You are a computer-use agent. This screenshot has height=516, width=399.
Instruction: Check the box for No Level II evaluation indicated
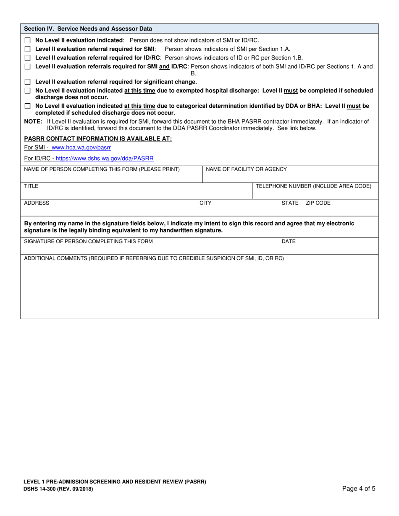click(28, 41)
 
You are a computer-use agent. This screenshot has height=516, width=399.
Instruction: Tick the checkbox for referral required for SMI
click(28, 50)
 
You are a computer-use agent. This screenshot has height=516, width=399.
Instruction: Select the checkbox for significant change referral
click(28, 82)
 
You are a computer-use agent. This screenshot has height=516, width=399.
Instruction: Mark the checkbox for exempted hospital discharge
click(28, 91)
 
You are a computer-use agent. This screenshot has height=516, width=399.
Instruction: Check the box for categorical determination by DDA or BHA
click(28, 107)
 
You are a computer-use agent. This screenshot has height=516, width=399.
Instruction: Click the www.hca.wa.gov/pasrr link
click(81, 148)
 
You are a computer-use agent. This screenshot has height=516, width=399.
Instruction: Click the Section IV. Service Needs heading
click(88, 29)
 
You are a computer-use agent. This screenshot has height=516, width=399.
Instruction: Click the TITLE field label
click(31, 186)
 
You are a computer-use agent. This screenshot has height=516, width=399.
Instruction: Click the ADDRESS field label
click(37, 203)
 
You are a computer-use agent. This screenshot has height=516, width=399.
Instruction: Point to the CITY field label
click(205, 203)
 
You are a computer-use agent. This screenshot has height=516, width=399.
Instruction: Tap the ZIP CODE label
click(318, 203)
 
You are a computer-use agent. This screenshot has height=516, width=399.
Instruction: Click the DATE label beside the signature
click(289, 242)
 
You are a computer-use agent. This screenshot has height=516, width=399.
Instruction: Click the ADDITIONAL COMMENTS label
click(154, 258)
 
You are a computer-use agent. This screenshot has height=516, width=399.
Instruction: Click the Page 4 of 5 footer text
click(359, 488)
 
